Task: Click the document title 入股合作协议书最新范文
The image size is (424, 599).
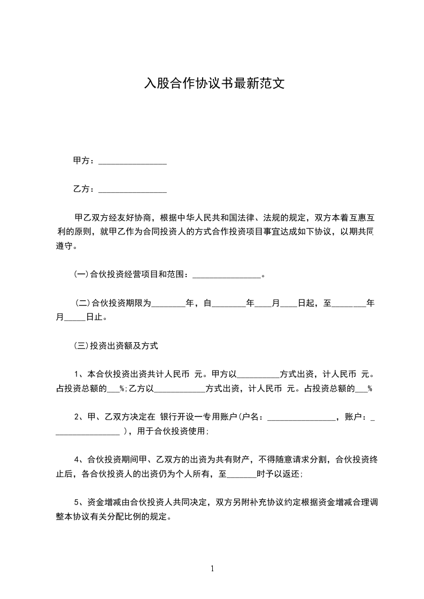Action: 212,84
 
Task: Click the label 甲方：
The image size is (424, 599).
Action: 84,160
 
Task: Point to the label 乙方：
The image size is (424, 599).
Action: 84,189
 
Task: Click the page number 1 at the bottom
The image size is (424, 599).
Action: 212,569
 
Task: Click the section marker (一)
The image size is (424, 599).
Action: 80,275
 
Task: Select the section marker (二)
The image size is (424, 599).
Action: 83,304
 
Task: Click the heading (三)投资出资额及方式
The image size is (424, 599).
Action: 115,346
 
